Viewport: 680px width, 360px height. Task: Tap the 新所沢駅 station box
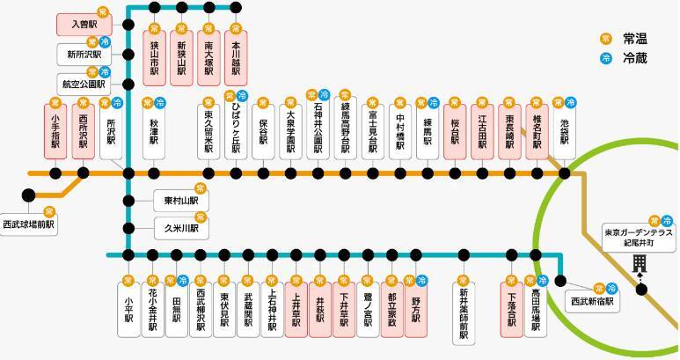[80, 55]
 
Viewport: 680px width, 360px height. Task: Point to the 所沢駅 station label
[111, 131]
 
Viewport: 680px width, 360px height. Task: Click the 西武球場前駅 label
[28, 224]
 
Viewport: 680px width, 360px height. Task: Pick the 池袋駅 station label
[564, 131]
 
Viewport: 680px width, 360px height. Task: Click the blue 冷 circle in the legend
[605, 59]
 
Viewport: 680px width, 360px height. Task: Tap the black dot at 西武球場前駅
[29, 195]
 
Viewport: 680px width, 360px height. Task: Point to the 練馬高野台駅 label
[346, 131]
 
